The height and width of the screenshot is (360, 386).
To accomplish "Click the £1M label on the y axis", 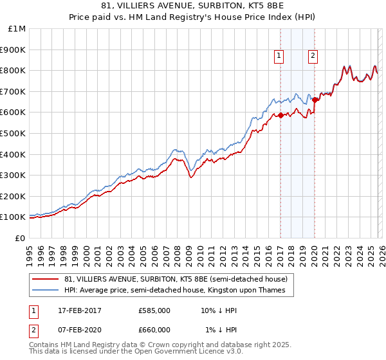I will tap(17, 28).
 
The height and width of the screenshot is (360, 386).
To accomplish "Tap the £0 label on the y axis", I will tap(21, 238).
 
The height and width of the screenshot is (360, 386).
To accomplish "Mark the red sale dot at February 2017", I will tap(280, 115).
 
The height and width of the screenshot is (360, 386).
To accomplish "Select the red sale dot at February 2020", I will tap(315, 100).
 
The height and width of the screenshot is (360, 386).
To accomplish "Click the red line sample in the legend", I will tap(46, 279).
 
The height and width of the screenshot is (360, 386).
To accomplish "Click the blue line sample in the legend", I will tap(46, 291).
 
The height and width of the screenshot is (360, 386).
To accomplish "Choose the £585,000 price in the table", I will tap(154, 310).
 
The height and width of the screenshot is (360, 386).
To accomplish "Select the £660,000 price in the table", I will tap(154, 329).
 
